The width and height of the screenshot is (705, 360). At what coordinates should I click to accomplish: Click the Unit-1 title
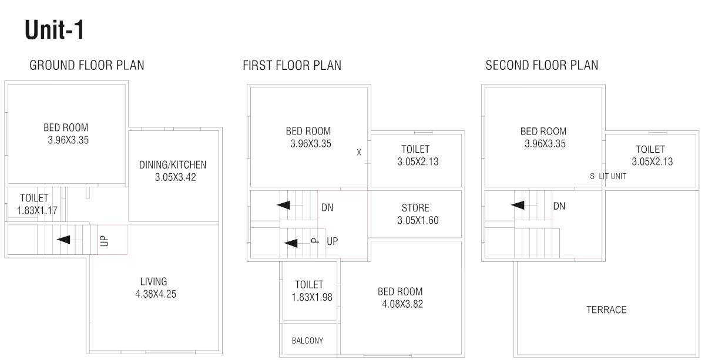coord(55,30)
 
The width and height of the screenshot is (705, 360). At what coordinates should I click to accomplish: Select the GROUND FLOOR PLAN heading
coord(86,65)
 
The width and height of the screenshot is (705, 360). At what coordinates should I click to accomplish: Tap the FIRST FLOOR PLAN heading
coord(292,65)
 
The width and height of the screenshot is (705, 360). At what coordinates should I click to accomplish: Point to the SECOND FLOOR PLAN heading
coord(542,65)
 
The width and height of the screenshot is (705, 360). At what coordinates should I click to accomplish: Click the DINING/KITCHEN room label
coord(173,165)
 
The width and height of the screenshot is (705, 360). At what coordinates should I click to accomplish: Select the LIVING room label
coord(153,282)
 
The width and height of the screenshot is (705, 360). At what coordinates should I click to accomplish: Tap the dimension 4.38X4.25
coord(155,294)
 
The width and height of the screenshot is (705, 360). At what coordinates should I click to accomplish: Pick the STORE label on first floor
coord(415,208)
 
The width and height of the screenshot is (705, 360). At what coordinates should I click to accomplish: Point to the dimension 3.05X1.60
coord(418,221)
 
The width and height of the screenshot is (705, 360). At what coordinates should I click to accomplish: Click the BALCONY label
coord(307,341)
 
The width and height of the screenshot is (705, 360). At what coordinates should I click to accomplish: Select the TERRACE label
coord(606,309)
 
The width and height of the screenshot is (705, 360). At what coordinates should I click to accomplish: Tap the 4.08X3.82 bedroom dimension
coord(402,304)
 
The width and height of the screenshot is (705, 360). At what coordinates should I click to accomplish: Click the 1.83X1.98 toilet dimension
coord(312,297)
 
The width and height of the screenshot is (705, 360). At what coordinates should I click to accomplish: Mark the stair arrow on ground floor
coord(63,240)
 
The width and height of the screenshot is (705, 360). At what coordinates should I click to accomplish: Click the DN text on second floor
coord(559,206)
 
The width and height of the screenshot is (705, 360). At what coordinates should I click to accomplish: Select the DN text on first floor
coord(327,207)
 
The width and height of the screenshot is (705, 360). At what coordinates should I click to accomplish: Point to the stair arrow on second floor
coord(518,205)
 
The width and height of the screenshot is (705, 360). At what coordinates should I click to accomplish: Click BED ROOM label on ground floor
coord(66,127)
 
